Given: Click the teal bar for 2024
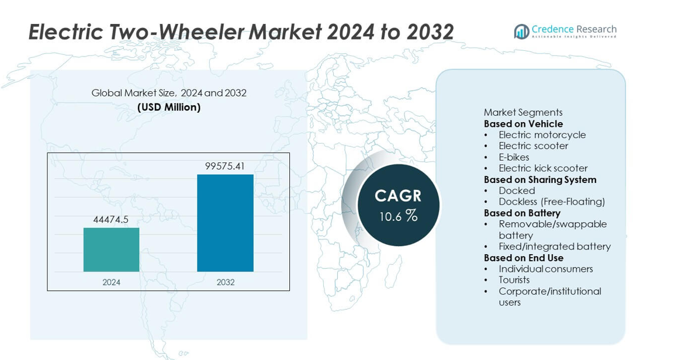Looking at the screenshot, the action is click(x=112, y=250).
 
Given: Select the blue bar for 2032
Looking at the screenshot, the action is click(x=225, y=223).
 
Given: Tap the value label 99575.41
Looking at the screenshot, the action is click(x=225, y=166).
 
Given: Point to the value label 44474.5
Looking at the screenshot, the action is click(x=111, y=219).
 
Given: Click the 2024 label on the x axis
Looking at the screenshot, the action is click(x=112, y=282).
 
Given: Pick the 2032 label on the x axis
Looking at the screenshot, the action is click(x=226, y=282).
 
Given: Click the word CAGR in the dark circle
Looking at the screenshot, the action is click(x=398, y=196).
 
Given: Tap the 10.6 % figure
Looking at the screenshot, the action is click(x=399, y=216).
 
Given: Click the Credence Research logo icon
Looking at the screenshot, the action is click(x=521, y=31).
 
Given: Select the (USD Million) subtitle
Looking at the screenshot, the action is click(x=169, y=107).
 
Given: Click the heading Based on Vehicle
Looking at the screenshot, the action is click(x=523, y=124).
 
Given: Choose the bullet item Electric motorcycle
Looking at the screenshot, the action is click(x=542, y=135).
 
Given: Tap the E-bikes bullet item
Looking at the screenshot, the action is click(x=514, y=157).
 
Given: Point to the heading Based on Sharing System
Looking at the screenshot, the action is click(x=540, y=179).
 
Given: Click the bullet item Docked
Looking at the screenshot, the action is click(x=517, y=191).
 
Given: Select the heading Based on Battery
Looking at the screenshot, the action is click(x=522, y=213).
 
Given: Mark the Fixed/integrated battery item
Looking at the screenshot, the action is click(x=555, y=247).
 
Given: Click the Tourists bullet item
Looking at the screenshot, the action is click(x=514, y=279).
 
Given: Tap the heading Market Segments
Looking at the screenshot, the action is click(x=523, y=112).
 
